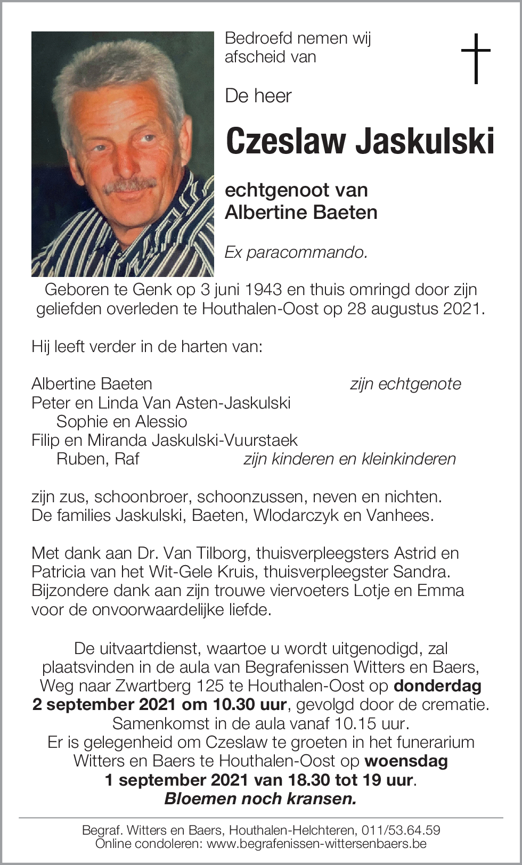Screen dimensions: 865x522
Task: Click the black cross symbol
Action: [x=476, y=58]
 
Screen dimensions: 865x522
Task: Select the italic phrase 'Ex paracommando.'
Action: [x=296, y=252]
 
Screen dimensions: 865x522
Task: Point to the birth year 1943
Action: [x=264, y=290]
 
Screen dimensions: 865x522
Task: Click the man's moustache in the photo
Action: [x=129, y=185]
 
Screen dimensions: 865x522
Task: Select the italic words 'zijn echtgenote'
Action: [x=405, y=383]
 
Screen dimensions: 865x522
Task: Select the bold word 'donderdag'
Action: [x=437, y=686]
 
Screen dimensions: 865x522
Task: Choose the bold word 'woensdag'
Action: [x=406, y=761]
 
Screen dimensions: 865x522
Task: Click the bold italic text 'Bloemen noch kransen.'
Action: [x=260, y=798]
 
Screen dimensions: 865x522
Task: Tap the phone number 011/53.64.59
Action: [x=401, y=830]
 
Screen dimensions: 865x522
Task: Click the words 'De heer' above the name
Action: [x=258, y=96]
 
